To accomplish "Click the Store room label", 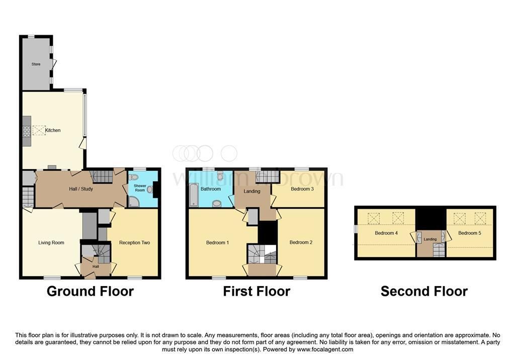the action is click(36, 64).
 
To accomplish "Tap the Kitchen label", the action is click(52, 130).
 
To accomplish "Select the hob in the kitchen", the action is click(27, 131).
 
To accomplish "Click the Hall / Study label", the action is click(81, 189).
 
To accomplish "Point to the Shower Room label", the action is click(140, 188).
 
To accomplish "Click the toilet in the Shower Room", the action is click(133, 177).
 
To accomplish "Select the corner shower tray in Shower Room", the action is click(134, 202).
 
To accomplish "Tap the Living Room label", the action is click(51, 243).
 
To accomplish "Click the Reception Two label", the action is click(134, 243).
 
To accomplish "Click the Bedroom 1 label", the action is click(217, 243).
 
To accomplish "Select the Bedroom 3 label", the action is click(302, 189).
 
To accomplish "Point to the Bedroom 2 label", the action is click(301, 242).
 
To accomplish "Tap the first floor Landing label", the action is click(252, 191).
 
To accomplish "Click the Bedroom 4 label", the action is click(386, 233).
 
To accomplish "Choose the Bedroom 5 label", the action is click(470, 233).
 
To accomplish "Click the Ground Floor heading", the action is click(91, 291).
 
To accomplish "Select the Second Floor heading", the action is click(424, 291).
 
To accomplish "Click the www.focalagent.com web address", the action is click(325, 349).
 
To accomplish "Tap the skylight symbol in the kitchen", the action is click(39, 130).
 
